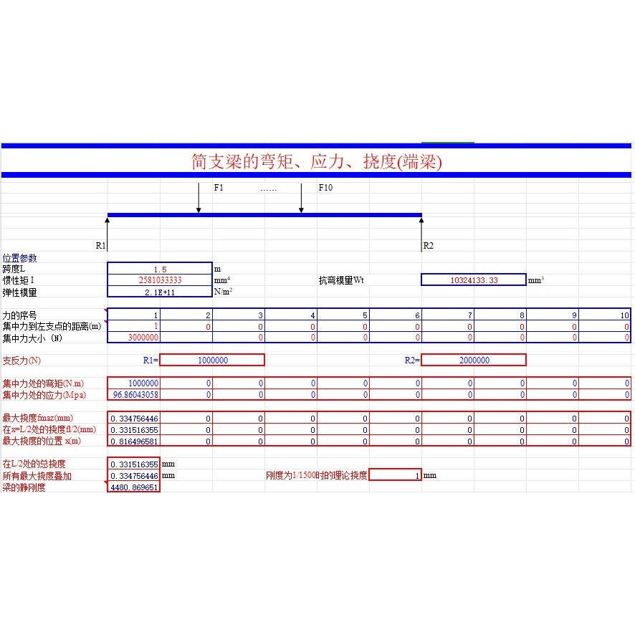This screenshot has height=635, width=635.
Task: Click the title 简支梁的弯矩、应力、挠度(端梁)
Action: click(317, 162)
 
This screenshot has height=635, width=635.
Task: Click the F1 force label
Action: click(219, 188)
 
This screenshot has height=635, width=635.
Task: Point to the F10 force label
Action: click(325, 188)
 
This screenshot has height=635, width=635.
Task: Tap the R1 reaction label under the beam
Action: click(101, 245)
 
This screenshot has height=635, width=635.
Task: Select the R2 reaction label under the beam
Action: click(429, 245)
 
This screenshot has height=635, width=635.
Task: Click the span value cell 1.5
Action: click(160, 269)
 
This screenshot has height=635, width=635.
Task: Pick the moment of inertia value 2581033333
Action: click(160, 280)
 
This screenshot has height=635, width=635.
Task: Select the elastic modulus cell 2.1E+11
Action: click(160, 292)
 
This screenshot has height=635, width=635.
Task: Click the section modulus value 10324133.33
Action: click(474, 280)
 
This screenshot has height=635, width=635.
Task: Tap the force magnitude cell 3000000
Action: click(143, 338)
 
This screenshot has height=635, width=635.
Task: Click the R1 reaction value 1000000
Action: click(212, 361)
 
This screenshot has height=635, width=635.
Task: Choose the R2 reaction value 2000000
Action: click(474, 361)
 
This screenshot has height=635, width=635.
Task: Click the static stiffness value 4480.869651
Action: click(134, 487)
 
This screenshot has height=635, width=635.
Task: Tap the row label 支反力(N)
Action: click(22, 361)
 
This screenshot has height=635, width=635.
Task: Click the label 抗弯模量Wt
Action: click(341, 280)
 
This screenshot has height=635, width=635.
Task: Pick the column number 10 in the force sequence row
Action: click(624, 315)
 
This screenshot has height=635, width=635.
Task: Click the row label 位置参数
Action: click(19, 258)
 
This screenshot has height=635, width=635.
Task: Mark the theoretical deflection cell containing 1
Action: click(396, 475)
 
